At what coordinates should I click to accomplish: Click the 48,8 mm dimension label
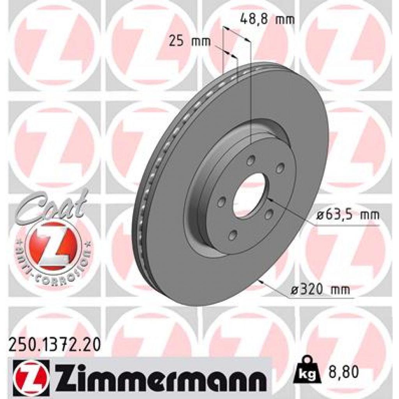coord(267,19)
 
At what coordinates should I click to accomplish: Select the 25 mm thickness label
coord(189,41)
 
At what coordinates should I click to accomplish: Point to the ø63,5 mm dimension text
coord(347,215)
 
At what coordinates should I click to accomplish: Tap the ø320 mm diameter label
coord(321,289)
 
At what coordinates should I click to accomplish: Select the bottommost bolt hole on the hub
coord(233,234)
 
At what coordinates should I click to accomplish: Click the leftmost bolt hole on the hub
coord(222,202)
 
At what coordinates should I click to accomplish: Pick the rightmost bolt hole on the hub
coord(280,168)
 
